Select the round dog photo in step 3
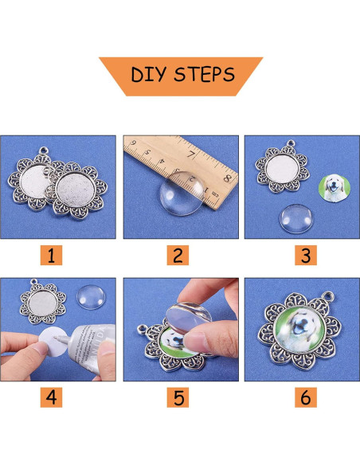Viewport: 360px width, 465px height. pos(334,185)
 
